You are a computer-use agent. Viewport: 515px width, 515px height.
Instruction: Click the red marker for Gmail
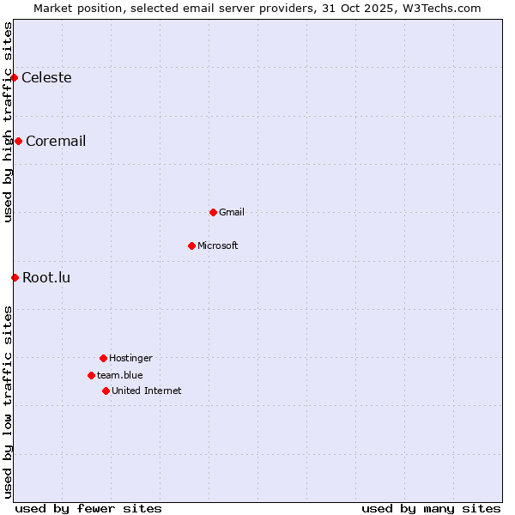213,212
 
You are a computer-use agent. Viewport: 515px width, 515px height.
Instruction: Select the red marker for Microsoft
191,245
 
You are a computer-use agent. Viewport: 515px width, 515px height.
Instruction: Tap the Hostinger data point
103,358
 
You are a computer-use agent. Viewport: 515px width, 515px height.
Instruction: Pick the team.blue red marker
91,375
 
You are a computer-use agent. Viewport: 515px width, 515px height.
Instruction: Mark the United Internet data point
106,391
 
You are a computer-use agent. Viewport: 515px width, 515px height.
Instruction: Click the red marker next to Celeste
14,77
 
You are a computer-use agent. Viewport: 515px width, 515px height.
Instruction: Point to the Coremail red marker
18,141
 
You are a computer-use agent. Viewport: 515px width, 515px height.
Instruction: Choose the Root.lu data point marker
15,277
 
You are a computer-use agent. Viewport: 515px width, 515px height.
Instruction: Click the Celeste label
46,78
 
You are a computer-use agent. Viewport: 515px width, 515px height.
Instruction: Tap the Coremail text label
56,142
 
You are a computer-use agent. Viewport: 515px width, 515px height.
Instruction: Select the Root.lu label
46,278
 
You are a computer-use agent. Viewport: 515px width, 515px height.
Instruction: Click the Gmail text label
232,213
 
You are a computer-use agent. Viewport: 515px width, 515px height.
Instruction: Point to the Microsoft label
218,246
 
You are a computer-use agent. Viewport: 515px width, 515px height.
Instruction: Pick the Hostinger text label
130,359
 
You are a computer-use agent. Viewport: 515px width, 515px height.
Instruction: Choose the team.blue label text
120,376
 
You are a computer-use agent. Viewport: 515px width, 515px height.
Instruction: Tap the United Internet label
147,391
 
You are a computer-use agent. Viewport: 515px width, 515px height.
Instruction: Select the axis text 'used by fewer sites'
88,508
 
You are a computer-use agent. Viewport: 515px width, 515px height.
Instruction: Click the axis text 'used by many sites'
431,508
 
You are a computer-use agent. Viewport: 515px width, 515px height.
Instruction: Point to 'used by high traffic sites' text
8,122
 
